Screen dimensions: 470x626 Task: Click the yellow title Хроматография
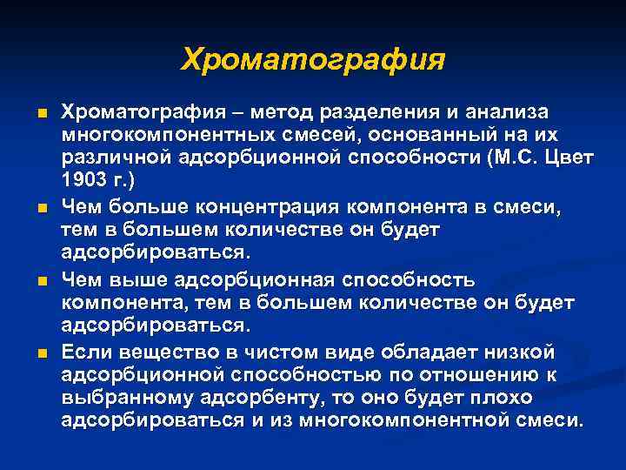[x=313, y=60]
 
